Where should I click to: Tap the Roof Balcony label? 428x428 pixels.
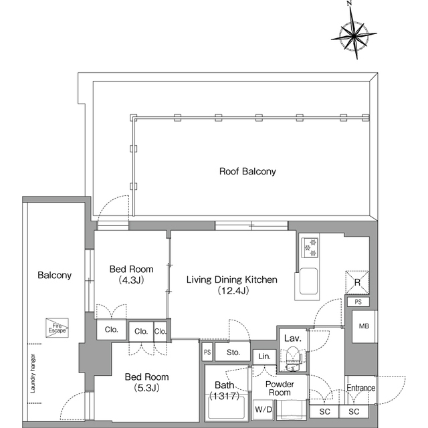247,171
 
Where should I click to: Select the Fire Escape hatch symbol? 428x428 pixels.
57,328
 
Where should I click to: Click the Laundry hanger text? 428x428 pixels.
33,373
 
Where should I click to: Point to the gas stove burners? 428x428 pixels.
310,247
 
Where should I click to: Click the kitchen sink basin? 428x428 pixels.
308,282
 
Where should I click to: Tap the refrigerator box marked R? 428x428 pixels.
357,282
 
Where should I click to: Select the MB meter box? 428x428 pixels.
364,326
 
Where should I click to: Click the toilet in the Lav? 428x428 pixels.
293,358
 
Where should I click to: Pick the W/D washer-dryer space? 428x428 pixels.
263,409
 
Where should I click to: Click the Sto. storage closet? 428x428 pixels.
233,352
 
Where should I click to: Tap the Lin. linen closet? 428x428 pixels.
264,356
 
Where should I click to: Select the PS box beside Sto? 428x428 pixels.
207,352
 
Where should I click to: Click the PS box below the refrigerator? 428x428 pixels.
358,302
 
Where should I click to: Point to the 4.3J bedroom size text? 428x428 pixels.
131,280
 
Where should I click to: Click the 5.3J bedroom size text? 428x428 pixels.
146,388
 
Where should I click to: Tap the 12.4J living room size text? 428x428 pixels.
233,291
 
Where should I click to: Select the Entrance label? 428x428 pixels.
361,388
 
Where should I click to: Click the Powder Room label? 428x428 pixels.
280,389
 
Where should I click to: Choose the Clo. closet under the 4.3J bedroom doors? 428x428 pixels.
112,330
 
